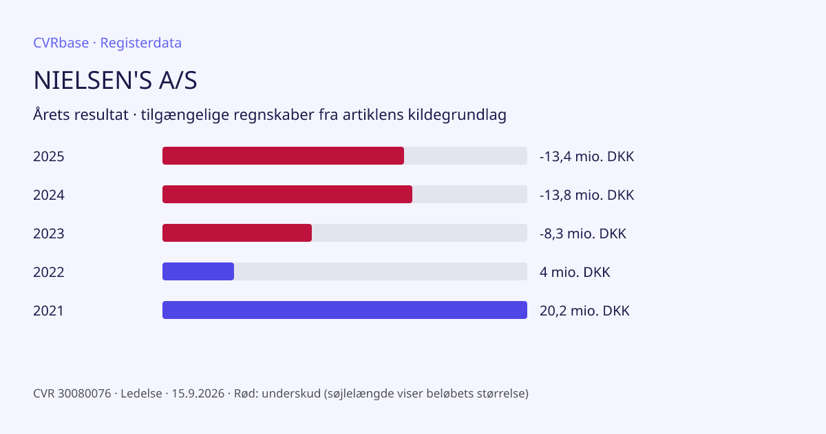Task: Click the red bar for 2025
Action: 283,156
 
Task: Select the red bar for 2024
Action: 287,194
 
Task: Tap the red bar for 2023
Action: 237,233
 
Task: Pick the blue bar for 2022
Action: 198,271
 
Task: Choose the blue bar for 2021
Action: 345,310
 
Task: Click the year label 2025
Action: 49,156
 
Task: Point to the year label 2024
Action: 49,195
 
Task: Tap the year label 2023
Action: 49,234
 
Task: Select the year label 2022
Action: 49,272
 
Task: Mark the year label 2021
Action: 48,311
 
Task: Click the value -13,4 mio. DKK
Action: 586,156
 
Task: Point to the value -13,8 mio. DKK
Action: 586,195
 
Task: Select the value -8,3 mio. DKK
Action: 582,234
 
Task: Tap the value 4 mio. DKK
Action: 575,272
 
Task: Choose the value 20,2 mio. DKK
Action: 584,311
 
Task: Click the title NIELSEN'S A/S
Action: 115,80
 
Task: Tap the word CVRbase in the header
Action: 61,43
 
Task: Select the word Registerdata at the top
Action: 141,43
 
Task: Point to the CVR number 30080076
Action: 85,393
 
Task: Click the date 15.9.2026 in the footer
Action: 198,393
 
